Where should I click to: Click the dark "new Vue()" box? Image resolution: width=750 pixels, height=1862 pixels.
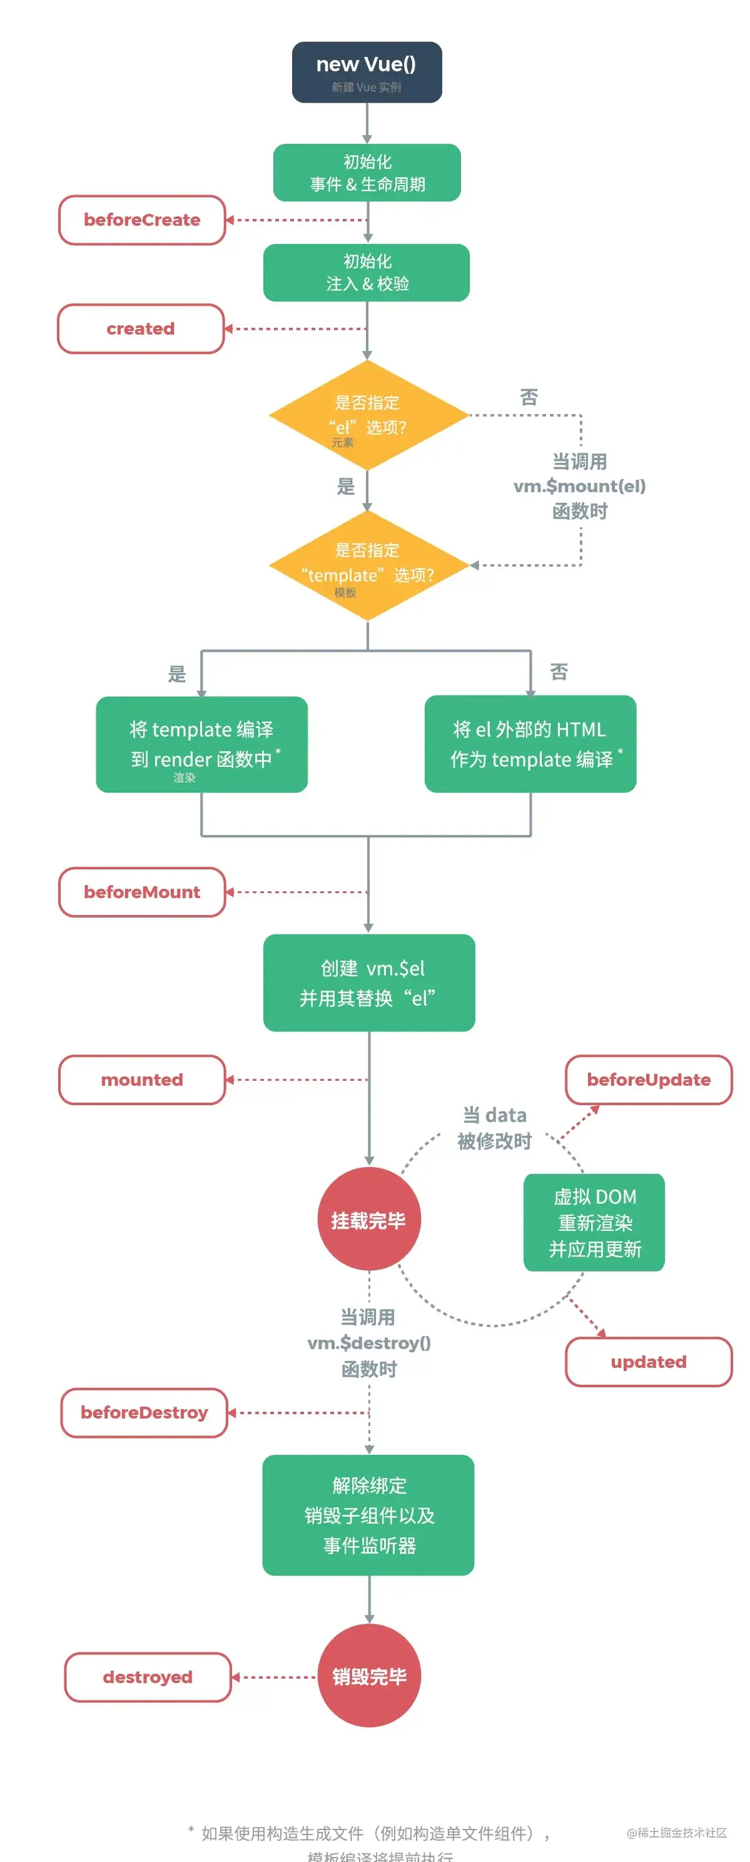(367, 71)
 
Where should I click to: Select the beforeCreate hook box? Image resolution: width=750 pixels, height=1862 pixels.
(142, 220)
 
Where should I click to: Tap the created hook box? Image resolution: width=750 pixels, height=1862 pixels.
(140, 329)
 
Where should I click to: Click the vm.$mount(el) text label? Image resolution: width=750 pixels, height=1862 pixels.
(579, 487)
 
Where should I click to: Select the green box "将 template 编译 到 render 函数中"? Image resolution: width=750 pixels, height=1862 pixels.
(202, 744)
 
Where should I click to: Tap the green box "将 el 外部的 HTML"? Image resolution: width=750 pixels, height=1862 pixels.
(530, 744)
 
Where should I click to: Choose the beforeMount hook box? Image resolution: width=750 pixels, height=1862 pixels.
(142, 892)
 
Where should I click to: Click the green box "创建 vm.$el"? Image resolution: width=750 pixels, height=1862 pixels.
(369, 983)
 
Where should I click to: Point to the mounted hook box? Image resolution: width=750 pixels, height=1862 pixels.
(142, 1080)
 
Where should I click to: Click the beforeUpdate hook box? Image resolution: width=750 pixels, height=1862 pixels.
(648, 1080)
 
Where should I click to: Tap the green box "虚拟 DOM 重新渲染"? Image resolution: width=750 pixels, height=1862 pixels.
(594, 1222)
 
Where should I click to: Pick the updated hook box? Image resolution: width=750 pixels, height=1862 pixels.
(648, 1362)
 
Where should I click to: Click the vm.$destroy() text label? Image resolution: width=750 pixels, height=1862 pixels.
(369, 1343)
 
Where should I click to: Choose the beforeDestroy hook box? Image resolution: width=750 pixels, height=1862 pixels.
(144, 1412)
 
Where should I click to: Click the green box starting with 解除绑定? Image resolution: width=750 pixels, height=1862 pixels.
(369, 1515)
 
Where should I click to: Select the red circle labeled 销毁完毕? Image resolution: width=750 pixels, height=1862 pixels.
(369, 1676)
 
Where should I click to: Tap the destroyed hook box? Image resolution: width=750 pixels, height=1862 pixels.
(148, 1677)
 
